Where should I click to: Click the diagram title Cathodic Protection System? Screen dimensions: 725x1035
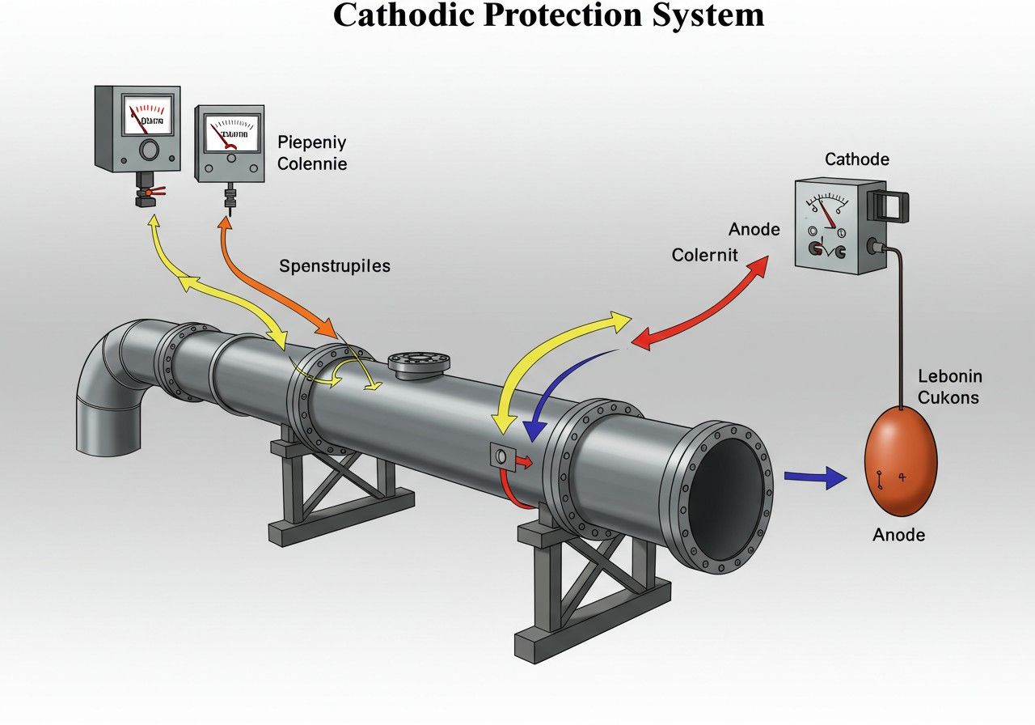tap(548, 15)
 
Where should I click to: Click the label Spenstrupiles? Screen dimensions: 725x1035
tap(335, 265)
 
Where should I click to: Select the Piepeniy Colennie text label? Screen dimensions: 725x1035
tap(312, 153)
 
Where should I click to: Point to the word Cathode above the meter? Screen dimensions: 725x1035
tap(857, 159)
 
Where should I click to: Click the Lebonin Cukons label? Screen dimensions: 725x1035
tap(949, 387)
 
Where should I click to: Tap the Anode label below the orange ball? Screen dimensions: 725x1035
tap(899, 535)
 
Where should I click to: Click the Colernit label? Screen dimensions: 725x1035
tap(705, 255)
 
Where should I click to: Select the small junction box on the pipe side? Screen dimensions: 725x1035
tap(501, 457)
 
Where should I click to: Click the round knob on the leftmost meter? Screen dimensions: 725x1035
tap(149, 151)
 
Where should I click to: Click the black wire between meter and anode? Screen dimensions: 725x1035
tap(898, 324)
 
